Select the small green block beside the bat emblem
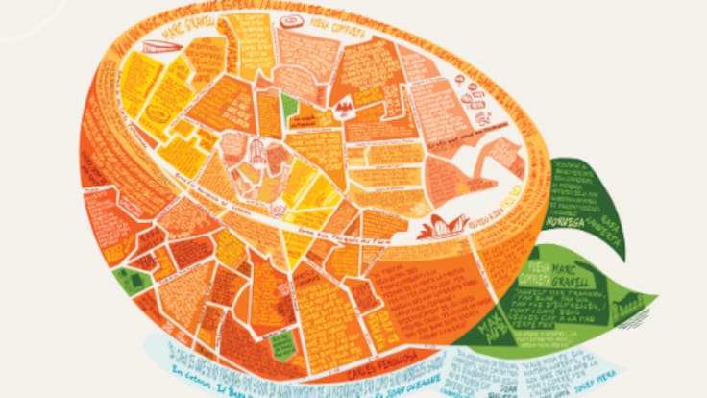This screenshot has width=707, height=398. [x=289, y=107]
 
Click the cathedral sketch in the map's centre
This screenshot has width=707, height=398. [x=257, y=151]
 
